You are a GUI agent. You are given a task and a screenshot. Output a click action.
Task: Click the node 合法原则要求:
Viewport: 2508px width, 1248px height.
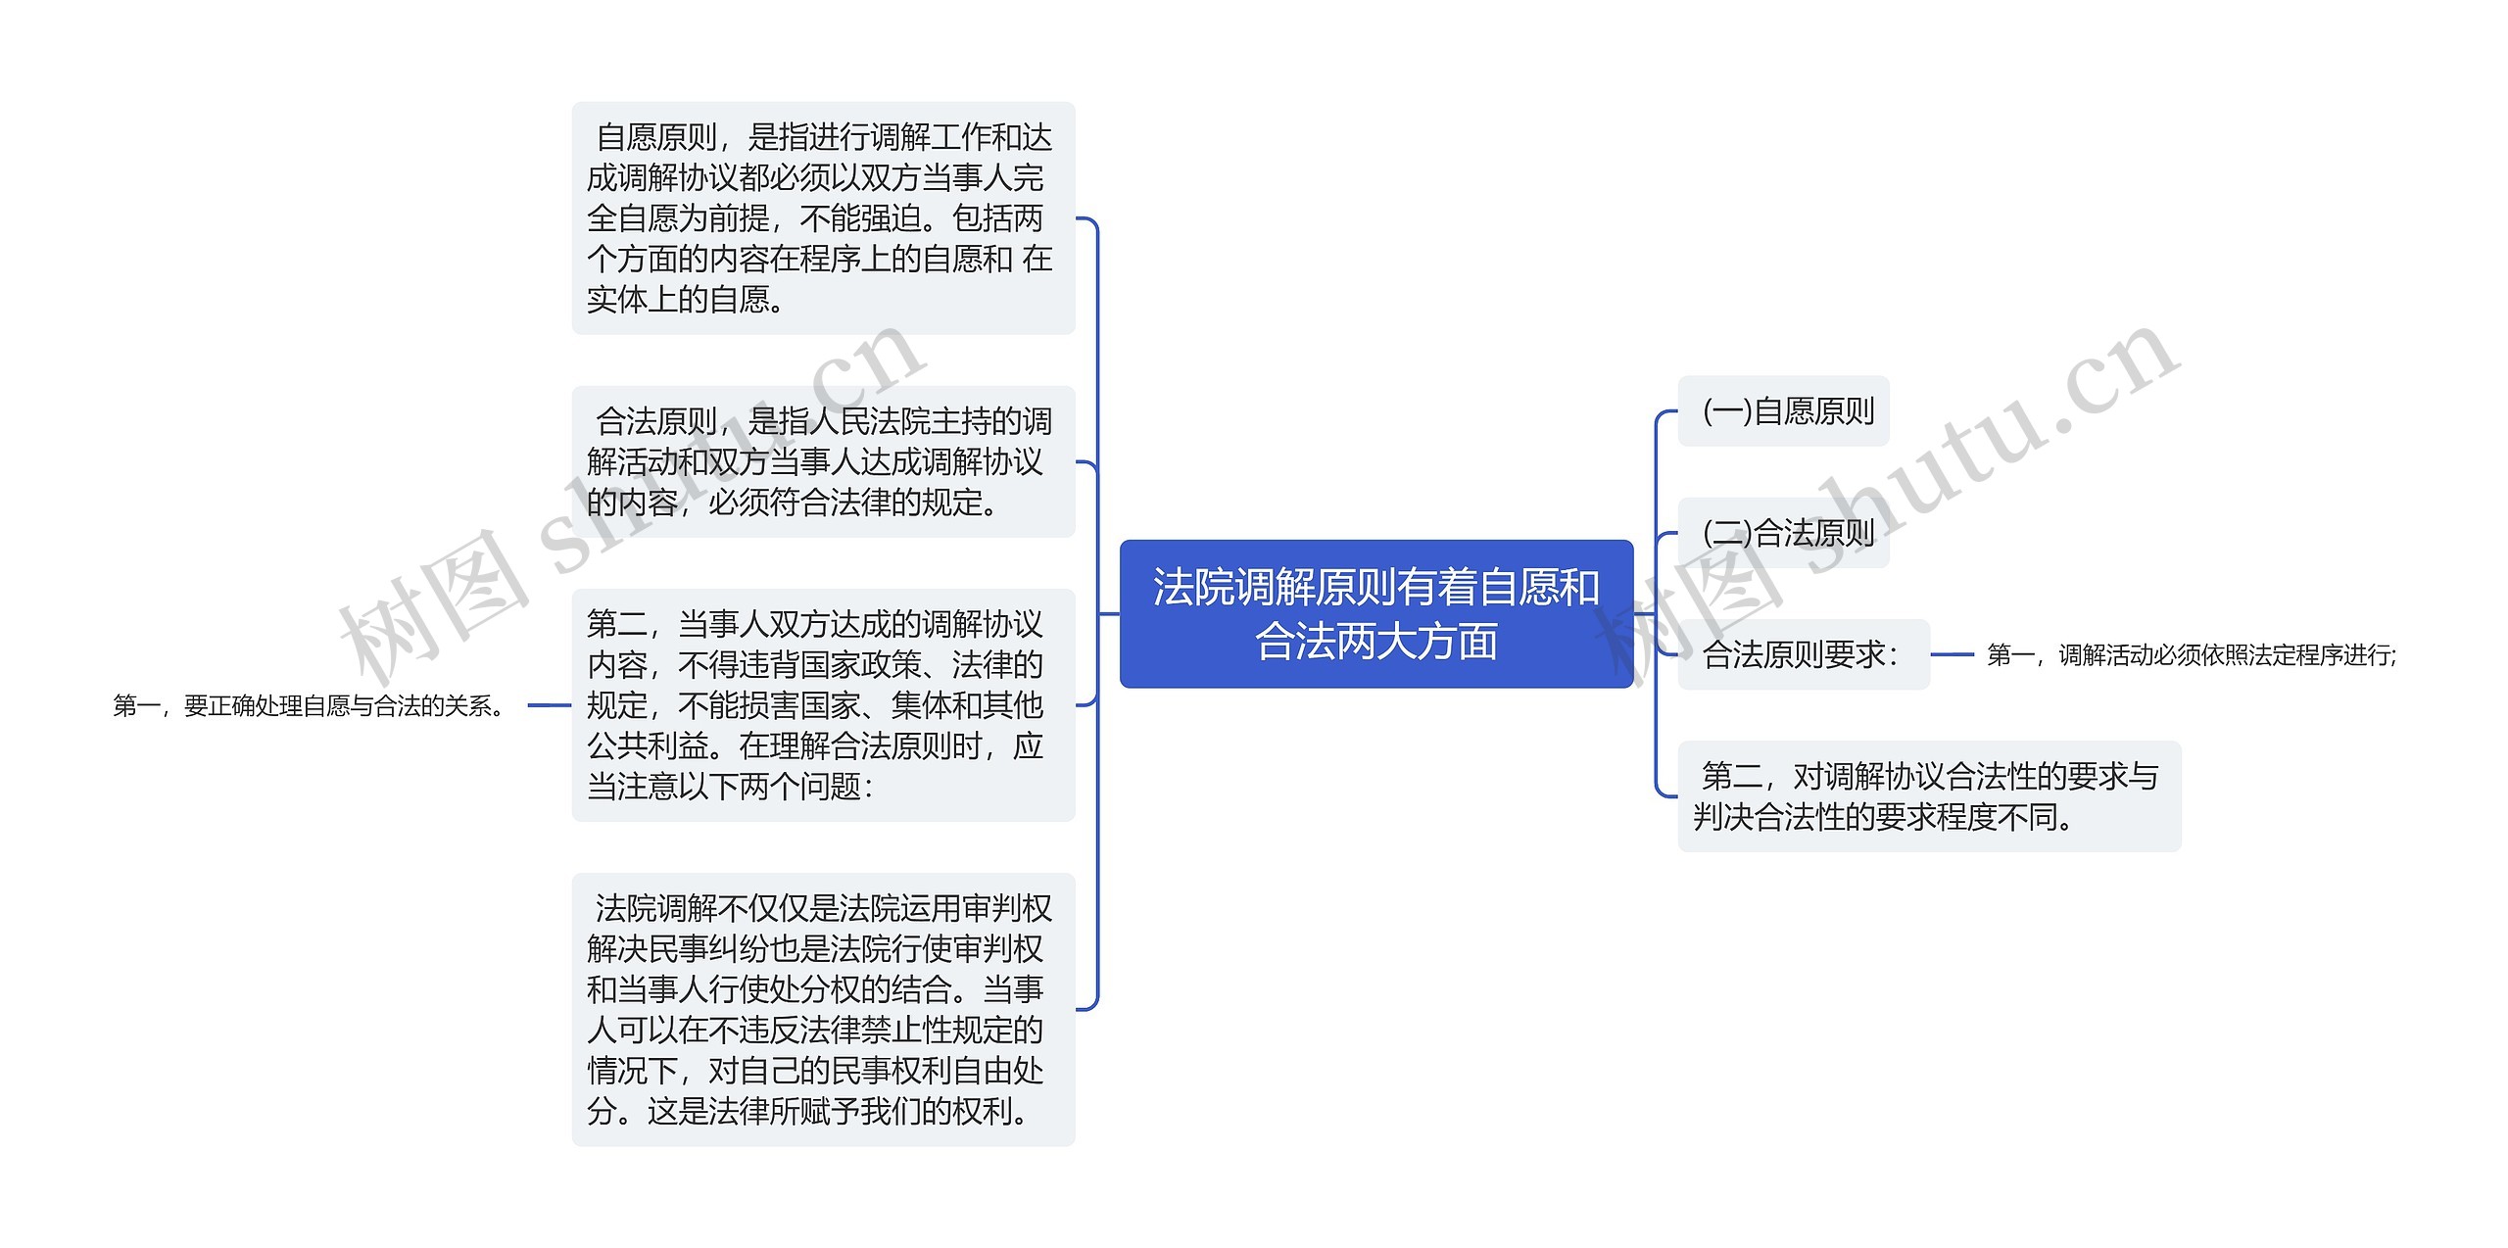(x=1803, y=654)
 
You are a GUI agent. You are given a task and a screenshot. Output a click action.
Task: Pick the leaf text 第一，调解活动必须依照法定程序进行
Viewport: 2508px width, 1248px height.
(x=2191, y=655)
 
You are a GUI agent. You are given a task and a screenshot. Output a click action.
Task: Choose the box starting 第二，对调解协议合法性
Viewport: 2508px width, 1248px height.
(x=1928, y=796)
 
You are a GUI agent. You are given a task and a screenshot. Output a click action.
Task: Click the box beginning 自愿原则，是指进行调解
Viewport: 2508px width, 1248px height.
(x=823, y=217)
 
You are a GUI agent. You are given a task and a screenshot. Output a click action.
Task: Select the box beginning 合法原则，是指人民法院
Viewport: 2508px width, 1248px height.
(x=823, y=461)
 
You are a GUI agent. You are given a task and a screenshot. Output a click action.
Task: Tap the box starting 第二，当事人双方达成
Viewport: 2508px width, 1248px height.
(x=823, y=704)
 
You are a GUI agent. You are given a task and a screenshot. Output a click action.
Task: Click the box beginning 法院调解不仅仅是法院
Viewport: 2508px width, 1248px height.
(x=823, y=1009)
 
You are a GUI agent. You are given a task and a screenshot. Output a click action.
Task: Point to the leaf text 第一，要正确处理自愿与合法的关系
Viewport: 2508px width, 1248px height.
(x=310, y=705)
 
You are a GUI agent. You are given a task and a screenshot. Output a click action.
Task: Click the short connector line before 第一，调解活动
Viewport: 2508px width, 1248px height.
(x=1952, y=654)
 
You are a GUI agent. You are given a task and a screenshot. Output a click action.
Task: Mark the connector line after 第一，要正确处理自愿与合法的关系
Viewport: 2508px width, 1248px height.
(x=549, y=705)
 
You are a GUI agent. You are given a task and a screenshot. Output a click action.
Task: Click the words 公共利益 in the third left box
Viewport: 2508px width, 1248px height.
(x=648, y=745)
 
